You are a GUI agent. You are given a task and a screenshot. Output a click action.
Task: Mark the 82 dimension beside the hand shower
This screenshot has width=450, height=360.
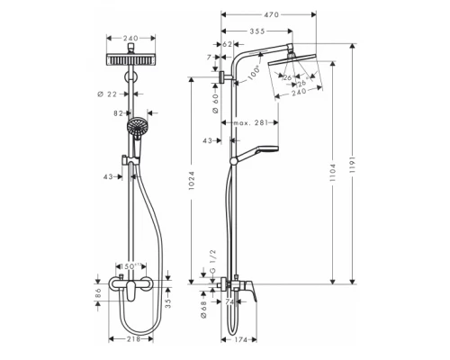coord(116,115)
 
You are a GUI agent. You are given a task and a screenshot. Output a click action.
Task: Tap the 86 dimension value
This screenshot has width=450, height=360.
coord(97,292)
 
